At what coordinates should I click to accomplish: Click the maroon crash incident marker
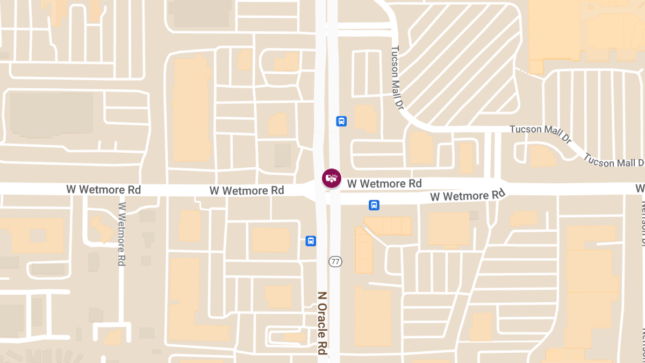click(x=331, y=178)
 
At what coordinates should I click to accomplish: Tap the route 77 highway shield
click(x=335, y=262)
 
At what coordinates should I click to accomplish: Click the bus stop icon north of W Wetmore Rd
click(x=341, y=122)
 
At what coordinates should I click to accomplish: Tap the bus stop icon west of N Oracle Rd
click(x=311, y=241)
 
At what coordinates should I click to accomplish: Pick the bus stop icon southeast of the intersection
click(x=374, y=205)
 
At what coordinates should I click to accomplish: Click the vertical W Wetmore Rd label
click(x=122, y=234)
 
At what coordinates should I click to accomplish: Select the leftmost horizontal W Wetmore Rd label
click(x=104, y=190)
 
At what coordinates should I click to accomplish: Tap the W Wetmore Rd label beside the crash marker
click(x=384, y=184)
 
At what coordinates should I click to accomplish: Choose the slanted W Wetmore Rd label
click(x=468, y=195)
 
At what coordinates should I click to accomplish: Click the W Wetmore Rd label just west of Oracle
click(x=247, y=190)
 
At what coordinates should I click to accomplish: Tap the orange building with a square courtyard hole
click(x=36, y=236)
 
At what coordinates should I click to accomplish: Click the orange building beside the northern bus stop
click(x=366, y=118)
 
